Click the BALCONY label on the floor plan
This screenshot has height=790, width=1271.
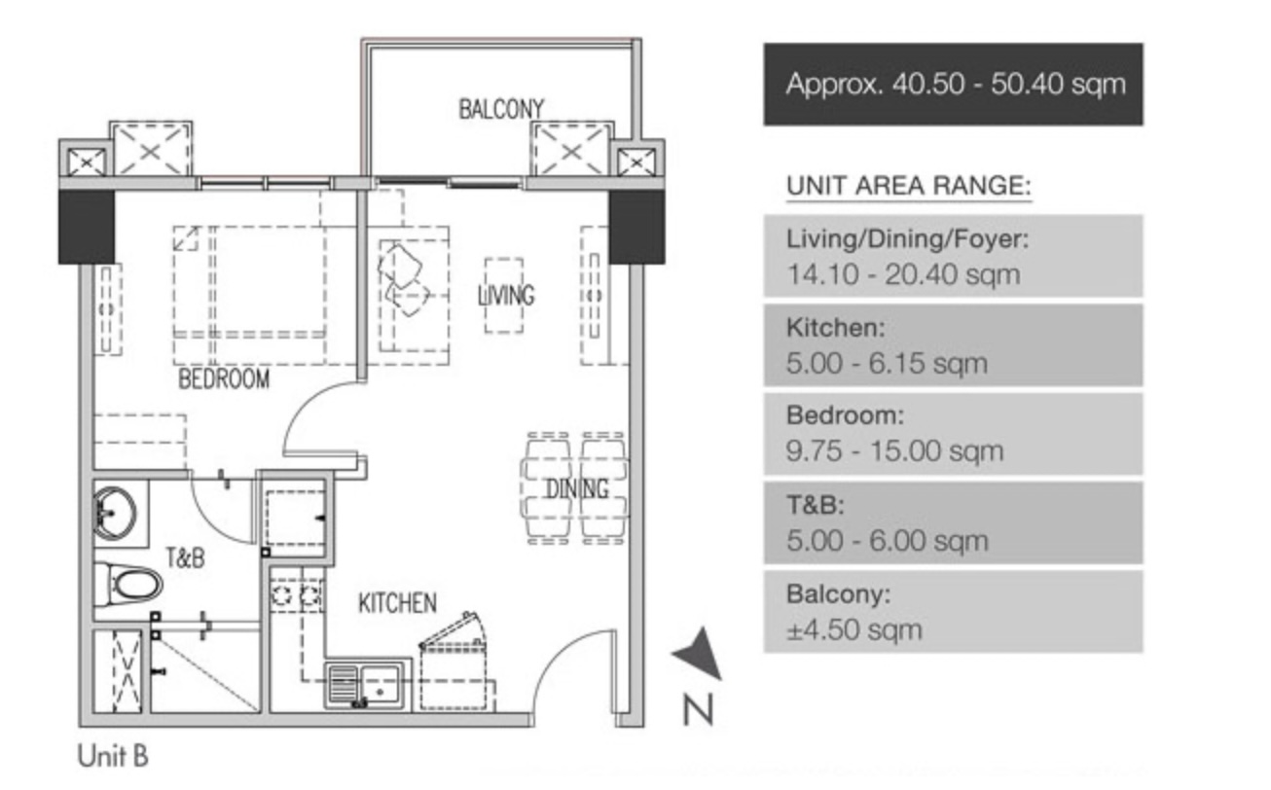(501, 110)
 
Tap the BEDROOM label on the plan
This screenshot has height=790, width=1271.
(224, 378)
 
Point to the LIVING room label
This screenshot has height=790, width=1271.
(505, 296)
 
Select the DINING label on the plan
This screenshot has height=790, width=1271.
(576, 488)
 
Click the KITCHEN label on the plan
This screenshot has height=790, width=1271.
(397, 603)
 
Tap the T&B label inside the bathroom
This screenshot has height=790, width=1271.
(185, 558)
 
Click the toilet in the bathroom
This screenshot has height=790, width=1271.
(128, 584)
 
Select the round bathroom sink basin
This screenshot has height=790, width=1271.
(115, 514)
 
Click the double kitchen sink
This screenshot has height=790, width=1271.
(365, 685)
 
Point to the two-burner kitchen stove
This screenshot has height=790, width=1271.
(297, 595)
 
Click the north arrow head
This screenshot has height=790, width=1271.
(700, 652)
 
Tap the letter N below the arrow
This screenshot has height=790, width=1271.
(698, 710)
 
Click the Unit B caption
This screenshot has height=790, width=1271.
(113, 756)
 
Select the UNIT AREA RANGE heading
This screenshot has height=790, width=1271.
(908, 186)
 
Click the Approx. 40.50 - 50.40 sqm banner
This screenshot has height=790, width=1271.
(954, 84)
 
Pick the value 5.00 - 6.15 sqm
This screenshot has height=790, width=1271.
(887, 363)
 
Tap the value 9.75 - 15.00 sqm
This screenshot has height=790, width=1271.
(894, 451)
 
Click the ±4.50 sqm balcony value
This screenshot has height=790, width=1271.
(853, 629)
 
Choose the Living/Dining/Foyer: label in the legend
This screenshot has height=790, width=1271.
(907, 239)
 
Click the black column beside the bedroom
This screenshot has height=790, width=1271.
(87, 227)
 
